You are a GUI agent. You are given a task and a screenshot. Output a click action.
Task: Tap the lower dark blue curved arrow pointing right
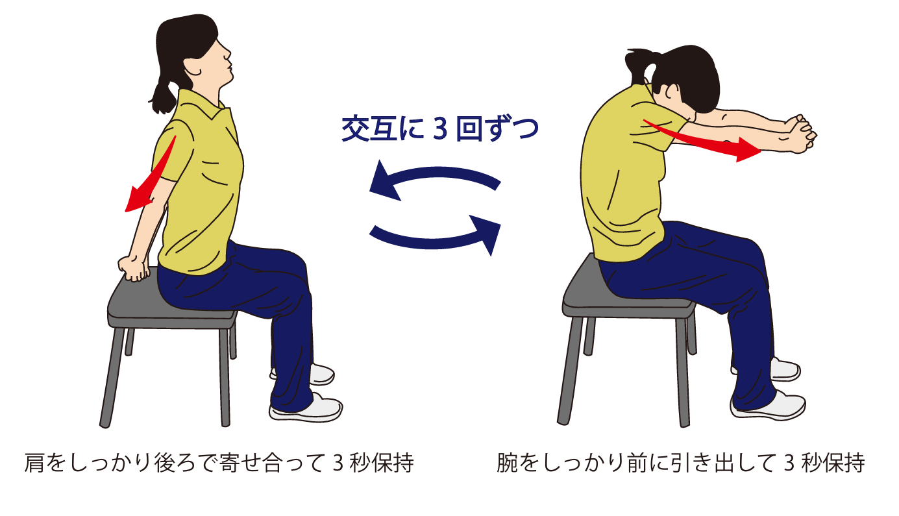click(436, 237)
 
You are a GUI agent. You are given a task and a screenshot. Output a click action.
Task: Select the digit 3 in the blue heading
click(440, 129)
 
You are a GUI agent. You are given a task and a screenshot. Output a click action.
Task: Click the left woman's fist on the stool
click(134, 269)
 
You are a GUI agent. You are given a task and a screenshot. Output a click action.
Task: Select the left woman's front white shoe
click(306, 407)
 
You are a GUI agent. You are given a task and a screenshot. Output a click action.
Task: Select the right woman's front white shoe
click(768, 405)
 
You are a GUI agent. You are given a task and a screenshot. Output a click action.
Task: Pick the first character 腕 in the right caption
click(507, 463)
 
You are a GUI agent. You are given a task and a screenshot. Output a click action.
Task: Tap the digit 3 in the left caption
click(338, 463)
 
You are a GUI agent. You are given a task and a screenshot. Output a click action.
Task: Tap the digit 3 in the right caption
click(789, 463)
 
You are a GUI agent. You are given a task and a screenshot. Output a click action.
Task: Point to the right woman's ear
click(671, 93)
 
